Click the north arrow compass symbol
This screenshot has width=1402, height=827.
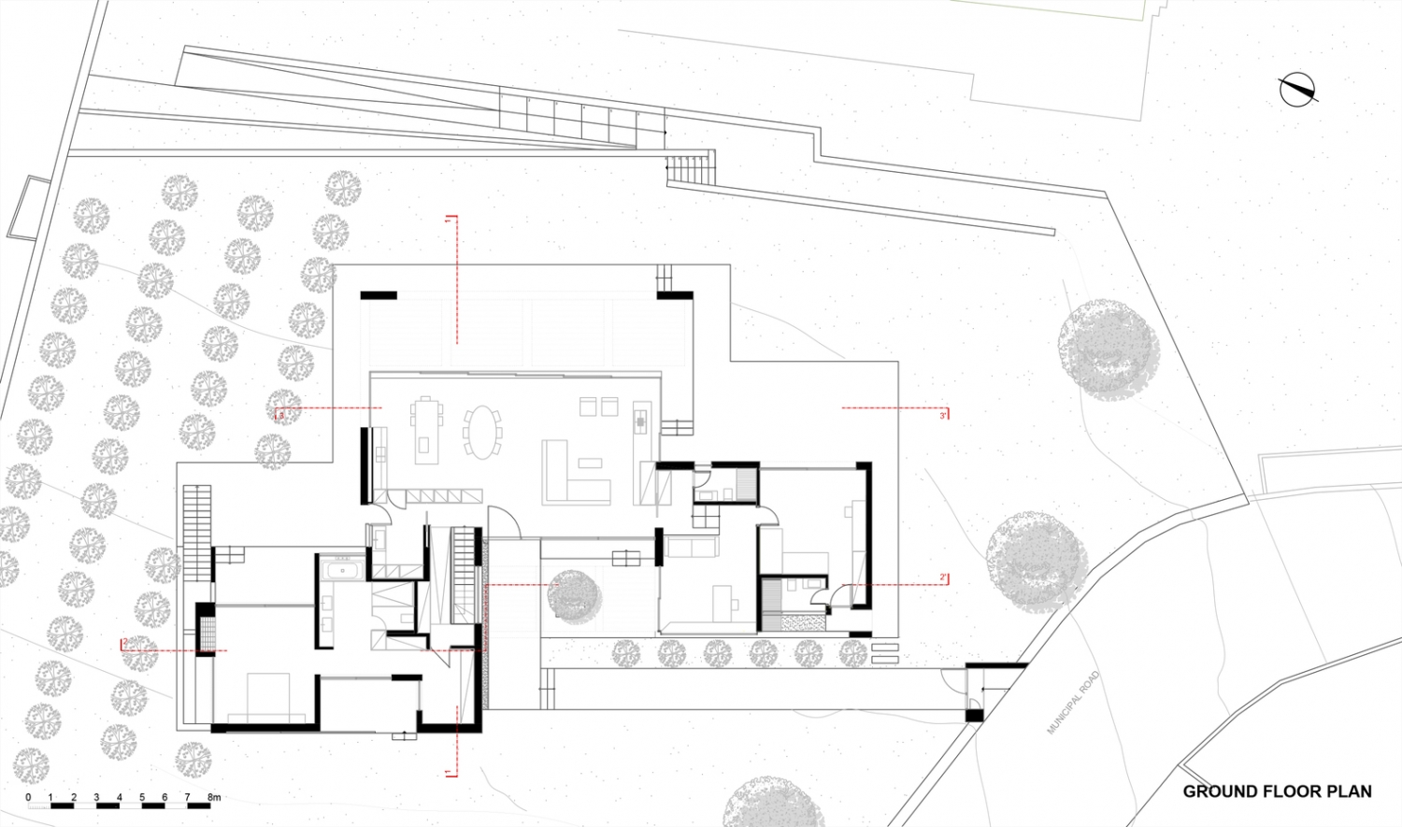click(x=1297, y=89)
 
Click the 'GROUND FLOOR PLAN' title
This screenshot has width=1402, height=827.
click(x=1277, y=791)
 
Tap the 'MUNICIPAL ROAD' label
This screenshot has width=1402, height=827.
click(x=1074, y=702)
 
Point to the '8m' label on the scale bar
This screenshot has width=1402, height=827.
click(x=214, y=797)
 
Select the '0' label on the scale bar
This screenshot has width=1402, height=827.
click(x=28, y=797)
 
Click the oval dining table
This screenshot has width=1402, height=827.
click(x=482, y=431)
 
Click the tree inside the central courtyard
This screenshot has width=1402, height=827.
click(x=573, y=595)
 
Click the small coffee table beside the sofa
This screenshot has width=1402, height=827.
click(x=590, y=463)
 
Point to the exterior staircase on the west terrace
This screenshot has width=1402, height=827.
click(x=197, y=532)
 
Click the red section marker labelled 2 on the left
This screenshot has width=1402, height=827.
click(x=123, y=644)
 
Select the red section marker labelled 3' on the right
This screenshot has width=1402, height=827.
click(x=944, y=413)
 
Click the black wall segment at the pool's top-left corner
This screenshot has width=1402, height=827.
click(x=379, y=295)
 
